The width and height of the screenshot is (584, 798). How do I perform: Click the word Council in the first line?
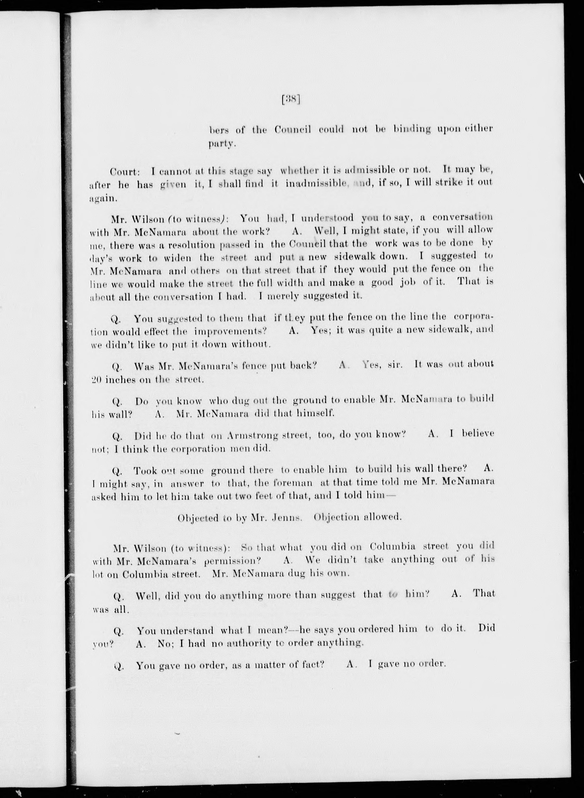click(293, 130)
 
